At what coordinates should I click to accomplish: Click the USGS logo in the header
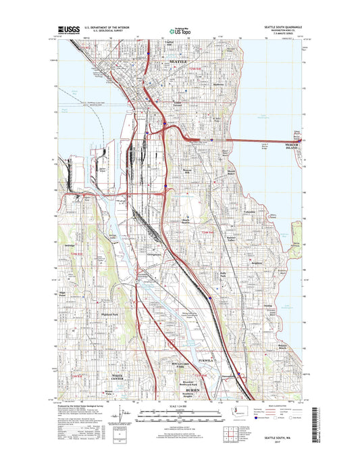pos(70,29)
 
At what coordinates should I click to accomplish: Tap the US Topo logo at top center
pos(180,30)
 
